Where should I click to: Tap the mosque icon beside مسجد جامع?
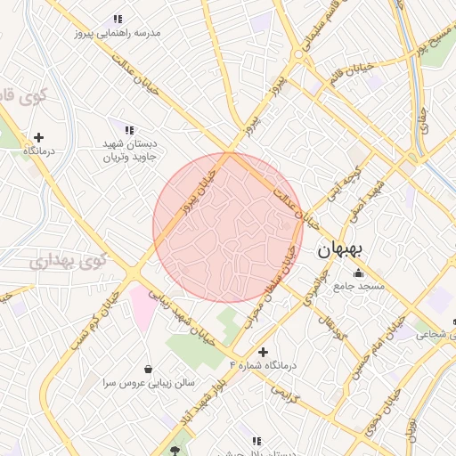pos(359,273)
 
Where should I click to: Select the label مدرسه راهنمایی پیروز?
pos(118,33)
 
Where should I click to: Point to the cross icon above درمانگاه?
pos(38,137)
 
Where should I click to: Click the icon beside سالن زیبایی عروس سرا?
pos(147,369)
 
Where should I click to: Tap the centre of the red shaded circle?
pos(228,227)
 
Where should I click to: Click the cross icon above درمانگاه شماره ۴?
pos(262,352)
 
